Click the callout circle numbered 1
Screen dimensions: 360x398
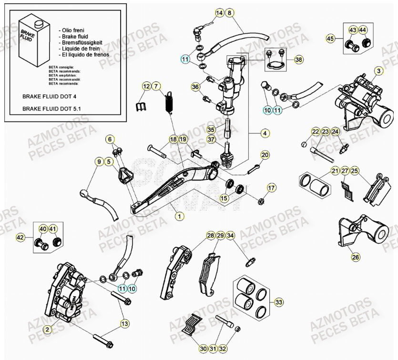pyautogui.click(x=179, y=216)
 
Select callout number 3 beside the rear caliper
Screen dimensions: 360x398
pyautogui.click(x=378, y=71)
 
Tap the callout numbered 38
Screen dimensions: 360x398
pyautogui.click(x=298, y=60)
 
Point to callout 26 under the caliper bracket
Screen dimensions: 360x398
pyautogui.click(x=356, y=258)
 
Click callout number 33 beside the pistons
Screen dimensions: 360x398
pyautogui.click(x=279, y=302)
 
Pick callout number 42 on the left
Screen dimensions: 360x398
pyautogui.click(x=20, y=237)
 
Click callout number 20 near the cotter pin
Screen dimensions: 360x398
pyautogui.click(x=265, y=155)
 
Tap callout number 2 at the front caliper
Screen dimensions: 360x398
pyautogui.click(x=47, y=329)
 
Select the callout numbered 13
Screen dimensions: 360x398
pyautogui.click(x=124, y=324)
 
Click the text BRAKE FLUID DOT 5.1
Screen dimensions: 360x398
pyautogui.click(x=51, y=109)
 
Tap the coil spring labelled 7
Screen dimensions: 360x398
pyautogui.click(x=168, y=103)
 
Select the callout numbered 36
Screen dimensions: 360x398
pyautogui.click(x=195, y=87)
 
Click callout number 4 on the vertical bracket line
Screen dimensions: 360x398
pyautogui.click(x=265, y=134)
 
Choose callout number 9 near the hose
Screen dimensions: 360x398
pyautogui.click(x=100, y=162)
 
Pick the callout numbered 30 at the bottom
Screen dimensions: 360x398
pyautogui.click(x=203, y=349)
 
